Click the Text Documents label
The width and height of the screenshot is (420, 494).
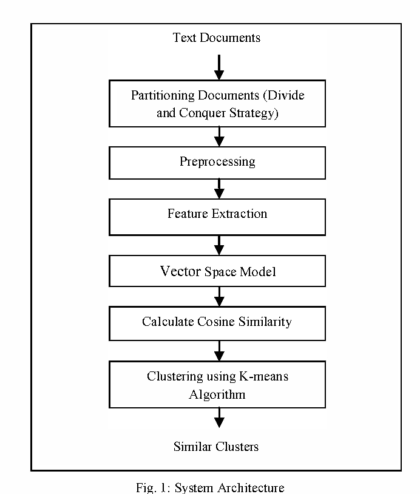pyautogui.click(x=217, y=38)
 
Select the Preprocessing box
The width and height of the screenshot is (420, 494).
pyautogui.click(x=217, y=163)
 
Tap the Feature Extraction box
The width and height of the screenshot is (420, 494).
pyautogui.click(x=217, y=217)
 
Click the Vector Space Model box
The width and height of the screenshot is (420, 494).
pyautogui.click(x=217, y=271)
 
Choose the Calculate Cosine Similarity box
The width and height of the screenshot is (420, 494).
pyautogui.click(x=217, y=323)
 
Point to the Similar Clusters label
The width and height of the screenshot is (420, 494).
pyautogui.click(x=216, y=447)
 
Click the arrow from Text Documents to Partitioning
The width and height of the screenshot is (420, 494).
pyautogui.click(x=219, y=67)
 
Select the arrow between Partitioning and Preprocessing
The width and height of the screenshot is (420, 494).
pyautogui.click(x=219, y=137)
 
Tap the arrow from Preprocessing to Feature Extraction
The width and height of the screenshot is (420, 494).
pyautogui.click(x=219, y=189)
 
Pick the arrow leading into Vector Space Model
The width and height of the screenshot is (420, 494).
pyautogui.click(x=219, y=245)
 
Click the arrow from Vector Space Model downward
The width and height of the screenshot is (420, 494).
pyautogui.click(x=219, y=297)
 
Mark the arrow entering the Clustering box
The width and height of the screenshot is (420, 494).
pyautogui.click(x=219, y=351)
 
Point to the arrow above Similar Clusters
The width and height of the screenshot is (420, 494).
pyautogui.click(x=219, y=418)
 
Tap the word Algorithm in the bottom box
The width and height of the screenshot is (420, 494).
pyautogui.click(x=217, y=394)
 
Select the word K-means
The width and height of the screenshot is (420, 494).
pyautogui.click(x=264, y=376)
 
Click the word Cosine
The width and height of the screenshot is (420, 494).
pyautogui.click(x=216, y=322)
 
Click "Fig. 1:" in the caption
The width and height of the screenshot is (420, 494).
pyautogui.click(x=153, y=488)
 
